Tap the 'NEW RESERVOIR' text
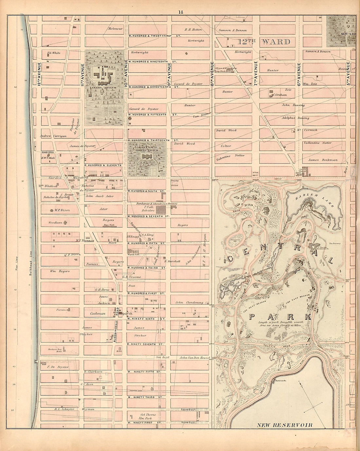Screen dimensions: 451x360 pyautogui.click(x=285, y=425)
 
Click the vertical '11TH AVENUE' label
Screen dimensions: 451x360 pyautogui.click(x=83, y=75)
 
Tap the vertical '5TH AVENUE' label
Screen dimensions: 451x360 pyautogui.click(x=349, y=75)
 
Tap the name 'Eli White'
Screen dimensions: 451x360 pyautogui.click(x=54, y=52)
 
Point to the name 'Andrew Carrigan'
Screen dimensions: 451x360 pyautogui.click(x=51, y=136)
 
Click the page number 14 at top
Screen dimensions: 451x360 pyautogui.click(x=181, y=12)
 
